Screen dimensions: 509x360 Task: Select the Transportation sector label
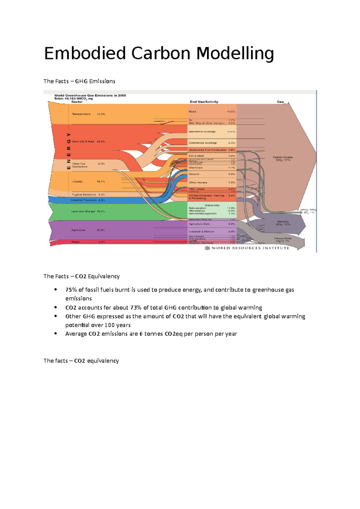coord(81,114)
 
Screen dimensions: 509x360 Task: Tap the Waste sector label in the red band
coord(75,242)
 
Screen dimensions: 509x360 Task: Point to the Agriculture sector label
coord(78,230)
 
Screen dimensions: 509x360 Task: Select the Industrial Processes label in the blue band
coord(84,200)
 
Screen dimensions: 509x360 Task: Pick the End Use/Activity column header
coord(204,102)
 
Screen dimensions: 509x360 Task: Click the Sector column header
coord(77,102)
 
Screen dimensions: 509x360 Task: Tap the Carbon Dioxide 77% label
coord(283,159)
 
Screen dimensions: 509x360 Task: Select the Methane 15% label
coord(283,223)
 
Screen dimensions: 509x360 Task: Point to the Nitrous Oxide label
coord(283,240)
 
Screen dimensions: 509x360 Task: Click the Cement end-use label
coord(194,174)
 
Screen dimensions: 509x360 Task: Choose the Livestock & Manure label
coord(201,232)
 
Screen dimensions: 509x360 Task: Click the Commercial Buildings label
coord(203,143)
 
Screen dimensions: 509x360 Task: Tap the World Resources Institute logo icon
coord(207,248)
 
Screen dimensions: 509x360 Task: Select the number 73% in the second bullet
coord(136,308)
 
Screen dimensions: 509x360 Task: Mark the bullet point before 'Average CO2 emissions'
coord(55,333)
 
